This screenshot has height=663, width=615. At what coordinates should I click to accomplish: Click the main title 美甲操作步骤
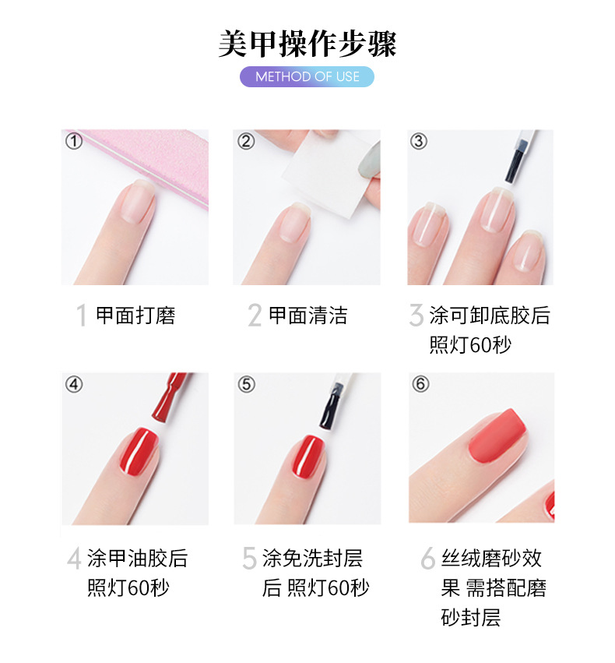[x=307, y=44]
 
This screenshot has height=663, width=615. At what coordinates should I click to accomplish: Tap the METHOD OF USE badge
[x=307, y=76]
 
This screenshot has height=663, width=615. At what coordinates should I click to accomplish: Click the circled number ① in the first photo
[x=74, y=142]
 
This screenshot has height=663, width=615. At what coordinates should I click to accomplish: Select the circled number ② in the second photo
[x=246, y=142]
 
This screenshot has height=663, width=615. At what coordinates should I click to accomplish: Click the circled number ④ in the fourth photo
[x=74, y=384]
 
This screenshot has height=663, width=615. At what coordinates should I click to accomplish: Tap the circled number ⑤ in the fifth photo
[x=246, y=384]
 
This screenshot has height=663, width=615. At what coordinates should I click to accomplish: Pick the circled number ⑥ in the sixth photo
[x=420, y=384]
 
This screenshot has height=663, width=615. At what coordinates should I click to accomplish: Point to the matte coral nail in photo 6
[x=497, y=441]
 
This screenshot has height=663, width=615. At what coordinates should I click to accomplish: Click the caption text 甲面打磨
[x=135, y=316]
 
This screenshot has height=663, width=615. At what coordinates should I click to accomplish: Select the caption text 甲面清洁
[x=308, y=316]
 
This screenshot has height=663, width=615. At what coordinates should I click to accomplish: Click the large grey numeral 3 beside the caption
[x=416, y=316]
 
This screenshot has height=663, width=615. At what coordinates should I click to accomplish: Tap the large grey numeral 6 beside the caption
[x=427, y=559]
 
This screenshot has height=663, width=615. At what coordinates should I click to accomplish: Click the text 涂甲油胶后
[x=138, y=559]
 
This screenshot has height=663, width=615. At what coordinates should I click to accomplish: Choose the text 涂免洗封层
[x=313, y=559]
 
